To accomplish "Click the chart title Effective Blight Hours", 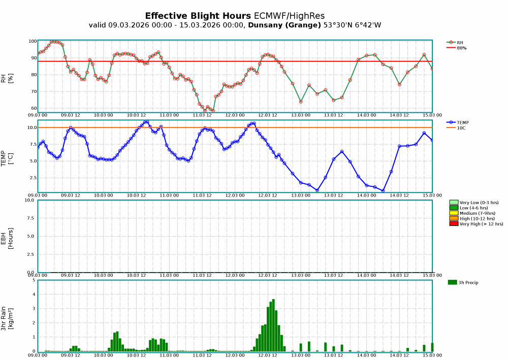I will (198, 16).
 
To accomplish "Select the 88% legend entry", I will (461, 48).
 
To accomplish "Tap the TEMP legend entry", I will (462, 122).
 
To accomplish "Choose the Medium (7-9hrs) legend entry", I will (477, 213).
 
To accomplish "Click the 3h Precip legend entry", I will (468, 282).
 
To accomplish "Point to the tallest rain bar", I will (273, 325).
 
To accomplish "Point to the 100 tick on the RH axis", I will (33, 41).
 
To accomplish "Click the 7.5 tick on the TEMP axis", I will (31, 144).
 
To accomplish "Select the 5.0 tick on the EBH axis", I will (30, 237).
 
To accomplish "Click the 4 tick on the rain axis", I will (34, 294).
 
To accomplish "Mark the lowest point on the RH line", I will (213, 111).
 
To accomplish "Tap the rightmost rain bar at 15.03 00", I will (432, 347).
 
